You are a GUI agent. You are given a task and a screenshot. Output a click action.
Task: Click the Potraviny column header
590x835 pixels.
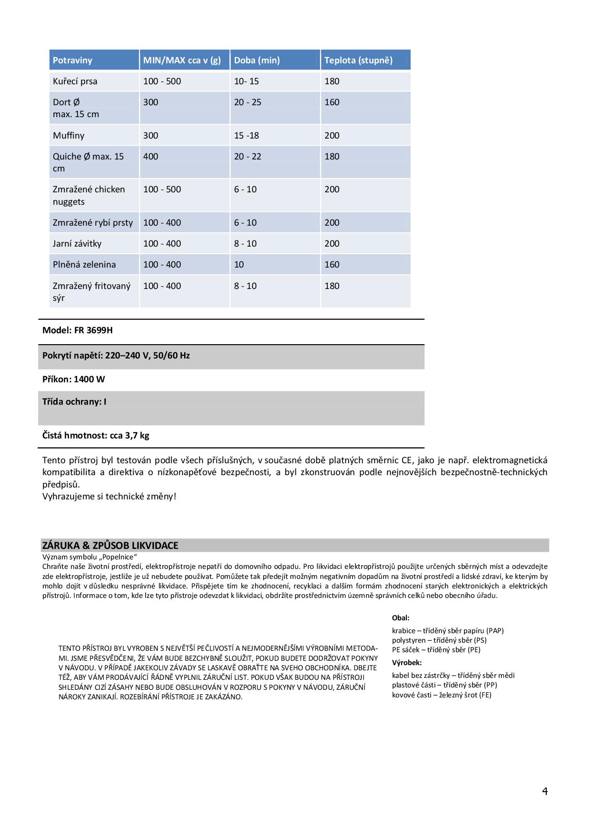(72, 60)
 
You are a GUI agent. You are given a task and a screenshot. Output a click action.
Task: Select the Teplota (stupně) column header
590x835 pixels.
(358, 60)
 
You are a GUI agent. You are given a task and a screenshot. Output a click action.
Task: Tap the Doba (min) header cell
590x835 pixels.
(257, 60)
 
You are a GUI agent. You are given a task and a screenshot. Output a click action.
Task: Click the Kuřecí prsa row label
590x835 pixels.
(75, 81)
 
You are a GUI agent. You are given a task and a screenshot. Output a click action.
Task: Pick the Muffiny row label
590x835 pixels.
(69, 136)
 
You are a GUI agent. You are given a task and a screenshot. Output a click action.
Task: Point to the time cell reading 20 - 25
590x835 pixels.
(247, 102)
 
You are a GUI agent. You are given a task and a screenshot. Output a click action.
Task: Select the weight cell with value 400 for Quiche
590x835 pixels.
(151, 157)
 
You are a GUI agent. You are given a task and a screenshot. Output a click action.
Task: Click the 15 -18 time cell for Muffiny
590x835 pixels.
(246, 136)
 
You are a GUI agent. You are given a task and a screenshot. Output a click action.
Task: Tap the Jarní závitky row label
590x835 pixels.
(77, 244)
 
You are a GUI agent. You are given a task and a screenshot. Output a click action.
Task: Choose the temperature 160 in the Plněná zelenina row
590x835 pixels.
(332, 265)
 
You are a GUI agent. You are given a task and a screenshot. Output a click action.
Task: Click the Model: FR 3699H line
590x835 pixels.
(78, 330)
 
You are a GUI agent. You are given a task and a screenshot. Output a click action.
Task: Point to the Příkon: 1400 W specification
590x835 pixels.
(74, 379)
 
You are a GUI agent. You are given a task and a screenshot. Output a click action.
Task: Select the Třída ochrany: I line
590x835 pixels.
(74, 402)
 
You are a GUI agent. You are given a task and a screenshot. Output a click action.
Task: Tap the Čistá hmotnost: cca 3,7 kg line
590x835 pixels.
(96, 435)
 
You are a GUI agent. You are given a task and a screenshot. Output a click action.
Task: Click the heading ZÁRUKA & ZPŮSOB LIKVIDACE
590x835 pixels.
(110, 546)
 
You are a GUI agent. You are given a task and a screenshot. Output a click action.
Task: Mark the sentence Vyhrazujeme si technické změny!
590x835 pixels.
(109, 497)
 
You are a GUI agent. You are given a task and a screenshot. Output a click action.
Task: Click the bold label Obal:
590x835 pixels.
(401, 618)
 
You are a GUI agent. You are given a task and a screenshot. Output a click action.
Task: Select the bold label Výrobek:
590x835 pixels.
(407, 663)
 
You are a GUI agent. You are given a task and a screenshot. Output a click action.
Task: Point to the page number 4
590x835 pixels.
(545, 791)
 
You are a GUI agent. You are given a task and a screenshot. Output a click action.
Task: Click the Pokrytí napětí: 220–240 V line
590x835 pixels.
(116, 356)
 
